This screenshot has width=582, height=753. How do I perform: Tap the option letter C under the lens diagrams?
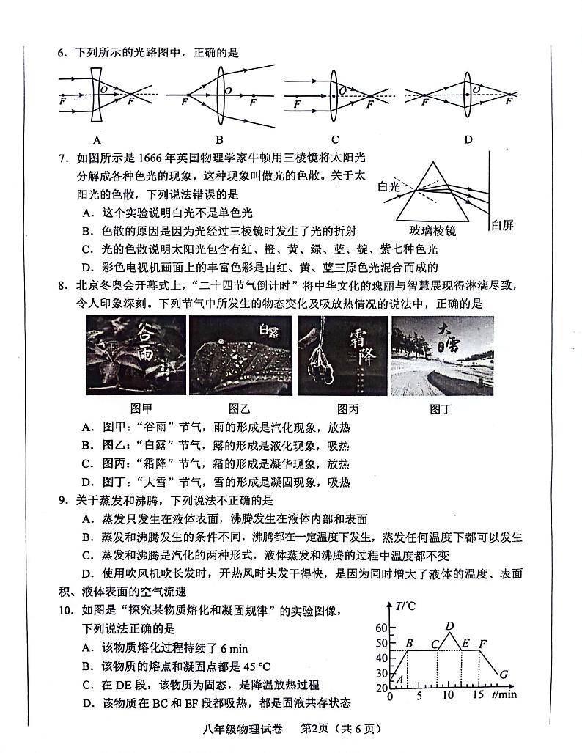(334, 140)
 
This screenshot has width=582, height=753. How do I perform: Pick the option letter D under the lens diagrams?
(468, 140)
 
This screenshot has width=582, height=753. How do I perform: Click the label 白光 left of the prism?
(388, 188)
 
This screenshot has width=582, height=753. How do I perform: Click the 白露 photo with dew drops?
(240, 355)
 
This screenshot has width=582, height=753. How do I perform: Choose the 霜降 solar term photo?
(342, 355)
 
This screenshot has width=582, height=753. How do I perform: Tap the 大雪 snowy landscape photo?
(443, 355)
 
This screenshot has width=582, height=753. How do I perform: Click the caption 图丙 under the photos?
(347, 408)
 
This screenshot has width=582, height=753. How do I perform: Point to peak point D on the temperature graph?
(449, 625)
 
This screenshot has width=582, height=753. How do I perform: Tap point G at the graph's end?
(503, 674)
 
